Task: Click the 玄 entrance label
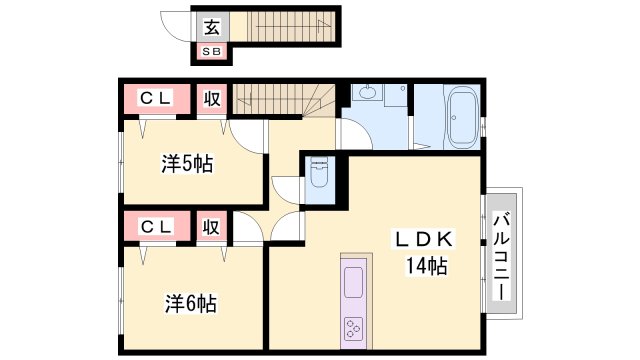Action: click(x=212, y=27)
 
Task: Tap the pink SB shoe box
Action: click(x=213, y=50)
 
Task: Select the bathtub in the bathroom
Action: click(x=461, y=117)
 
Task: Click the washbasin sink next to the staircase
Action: click(x=367, y=96)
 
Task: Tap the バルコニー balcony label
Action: click(x=502, y=256)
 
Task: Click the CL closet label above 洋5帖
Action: click(x=155, y=99)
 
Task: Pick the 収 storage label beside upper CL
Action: click(x=212, y=99)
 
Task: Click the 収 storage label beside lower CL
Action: click(x=211, y=227)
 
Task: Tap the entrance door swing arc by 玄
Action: click(x=178, y=31)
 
